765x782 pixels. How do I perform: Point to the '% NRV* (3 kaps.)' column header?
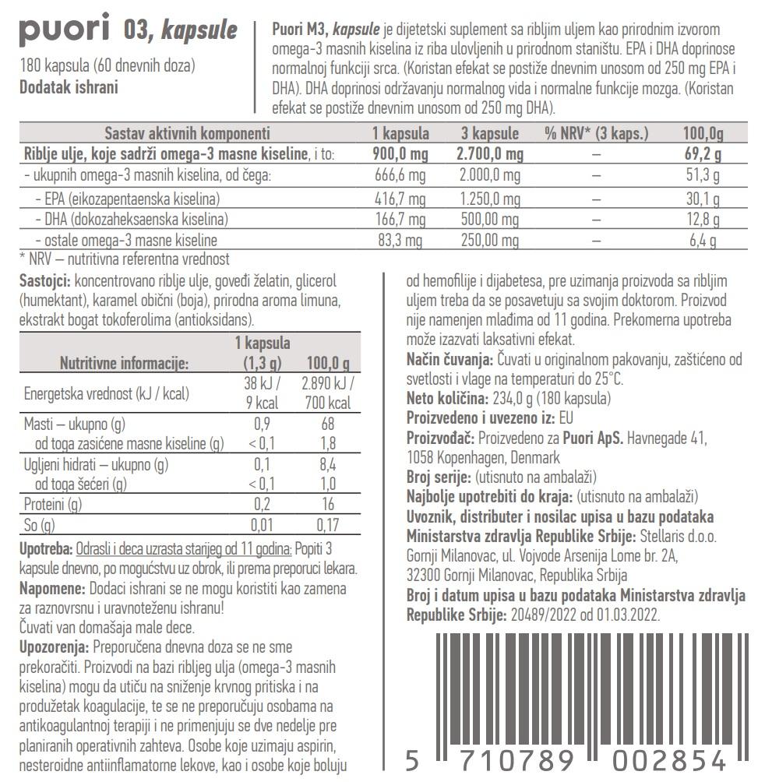[x=596, y=133]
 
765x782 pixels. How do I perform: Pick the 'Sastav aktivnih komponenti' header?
[x=187, y=133]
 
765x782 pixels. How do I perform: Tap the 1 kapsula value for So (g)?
[x=263, y=525]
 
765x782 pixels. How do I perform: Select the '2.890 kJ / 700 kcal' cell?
[x=329, y=394]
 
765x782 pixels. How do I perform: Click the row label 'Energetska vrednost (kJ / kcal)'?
[x=107, y=393]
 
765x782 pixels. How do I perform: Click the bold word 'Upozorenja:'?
[x=54, y=647]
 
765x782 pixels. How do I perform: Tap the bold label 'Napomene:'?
[x=51, y=589]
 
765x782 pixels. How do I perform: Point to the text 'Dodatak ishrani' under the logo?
[x=69, y=86]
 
